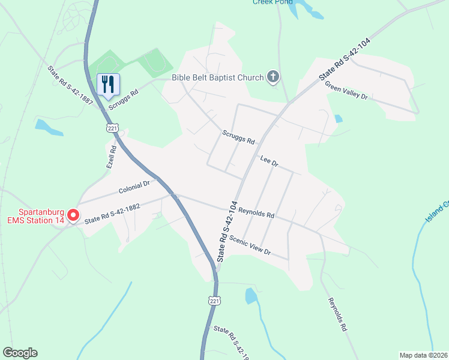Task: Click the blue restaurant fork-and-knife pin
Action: (x=109, y=84)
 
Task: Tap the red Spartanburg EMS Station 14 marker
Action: (x=74, y=215)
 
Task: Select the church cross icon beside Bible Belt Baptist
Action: (x=273, y=76)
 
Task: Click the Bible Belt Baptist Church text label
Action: (x=217, y=77)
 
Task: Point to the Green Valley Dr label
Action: (x=346, y=91)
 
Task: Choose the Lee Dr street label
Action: (x=270, y=161)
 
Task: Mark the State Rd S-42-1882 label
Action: (x=112, y=214)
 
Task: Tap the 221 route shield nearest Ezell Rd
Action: (x=112, y=128)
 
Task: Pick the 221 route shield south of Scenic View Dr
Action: (x=215, y=300)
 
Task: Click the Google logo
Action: (x=20, y=353)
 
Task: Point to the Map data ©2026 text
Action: (x=423, y=355)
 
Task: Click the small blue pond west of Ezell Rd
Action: (x=49, y=127)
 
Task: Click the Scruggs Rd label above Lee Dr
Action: (x=238, y=137)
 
